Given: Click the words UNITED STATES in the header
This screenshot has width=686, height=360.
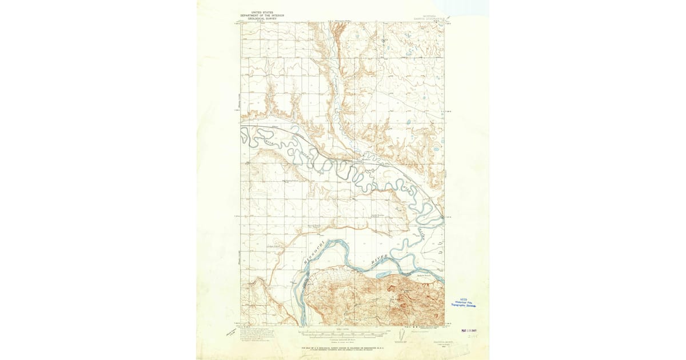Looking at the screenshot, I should pyautogui.click(x=262, y=11).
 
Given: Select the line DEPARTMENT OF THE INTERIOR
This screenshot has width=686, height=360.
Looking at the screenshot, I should pyautogui.click(x=262, y=15).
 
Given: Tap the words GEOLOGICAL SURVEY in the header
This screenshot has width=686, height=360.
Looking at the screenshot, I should pyautogui.click(x=262, y=18).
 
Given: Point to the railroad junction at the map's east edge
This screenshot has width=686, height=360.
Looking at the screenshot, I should pyautogui.click(x=443, y=217).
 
